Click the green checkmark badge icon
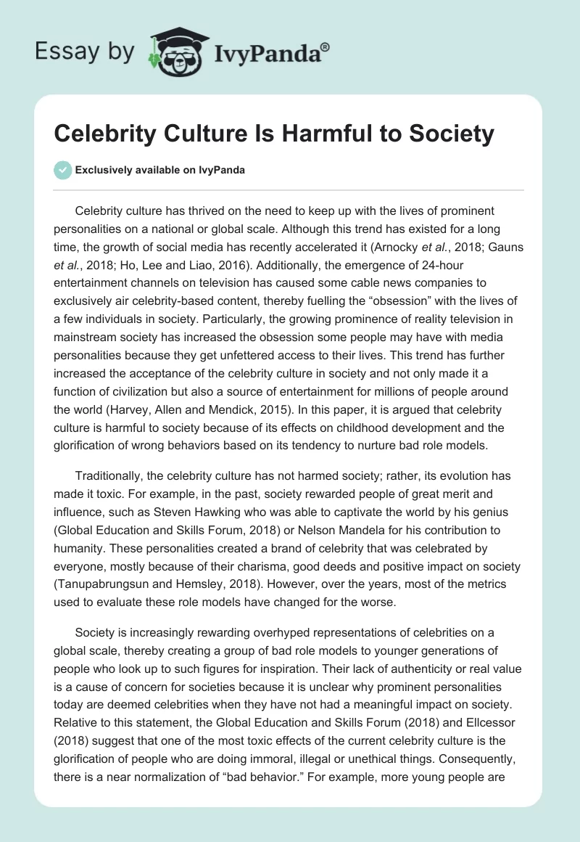pyautogui.click(x=62, y=170)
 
